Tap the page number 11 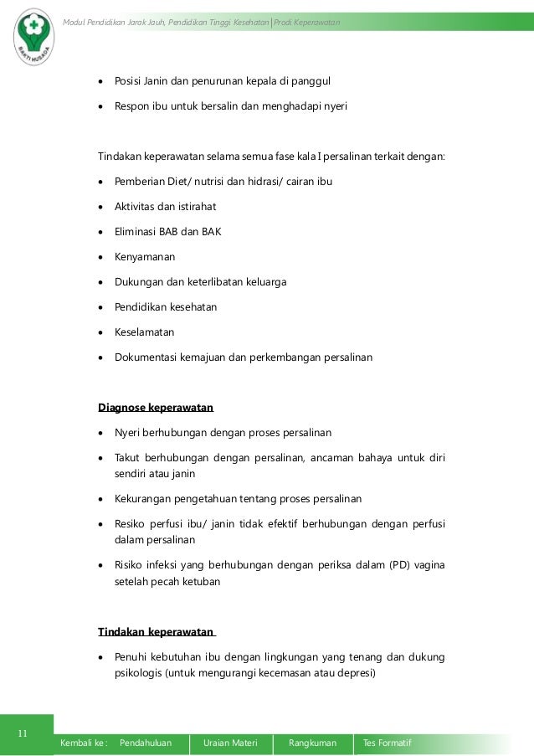click(x=23, y=734)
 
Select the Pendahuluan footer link click(x=146, y=743)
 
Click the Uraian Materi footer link click(x=230, y=743)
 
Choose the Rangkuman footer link click(x=312, y=743)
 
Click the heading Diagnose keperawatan click(x=156, y=408)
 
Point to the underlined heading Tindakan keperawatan click(x=156, y=631)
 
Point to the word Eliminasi click(x=136, y=232)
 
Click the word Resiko click(x=131, y=524)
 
